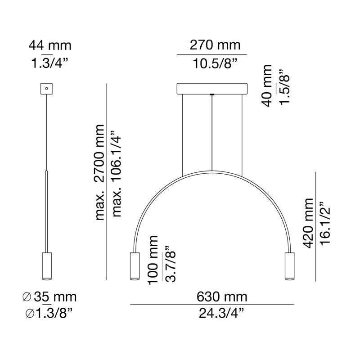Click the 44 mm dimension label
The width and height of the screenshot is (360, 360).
(50, 45)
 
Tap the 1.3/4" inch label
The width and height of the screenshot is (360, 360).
(50, 63)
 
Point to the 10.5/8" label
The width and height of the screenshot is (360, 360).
(215, 63)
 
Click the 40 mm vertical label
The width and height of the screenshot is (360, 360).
(267, 85)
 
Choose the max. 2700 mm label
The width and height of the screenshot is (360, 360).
(100, 172)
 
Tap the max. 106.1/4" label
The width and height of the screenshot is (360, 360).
(117, 174)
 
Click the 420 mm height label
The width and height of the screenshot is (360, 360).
(308, 223)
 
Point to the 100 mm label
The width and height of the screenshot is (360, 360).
(153, 260)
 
